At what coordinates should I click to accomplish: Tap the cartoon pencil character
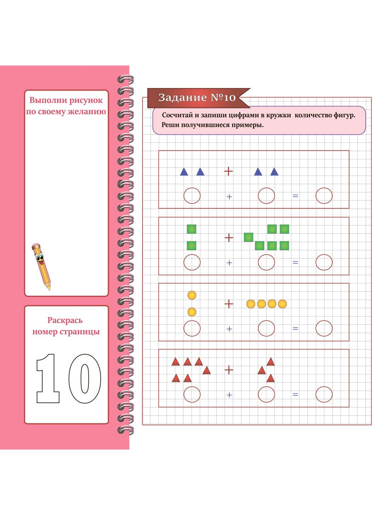(x=41, y=266)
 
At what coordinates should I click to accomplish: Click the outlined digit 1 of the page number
(x=48, y=378)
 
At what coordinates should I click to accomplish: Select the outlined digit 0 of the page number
(x=85, y=378)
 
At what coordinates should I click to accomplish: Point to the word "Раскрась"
(x=65, y=321)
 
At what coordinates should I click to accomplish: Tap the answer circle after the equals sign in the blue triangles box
(x=324, y=195)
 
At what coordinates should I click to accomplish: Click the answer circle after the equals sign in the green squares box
(x=324, y=262)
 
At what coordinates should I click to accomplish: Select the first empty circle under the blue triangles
(x=192, y=195)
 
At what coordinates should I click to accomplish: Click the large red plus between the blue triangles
(x=229, y=171)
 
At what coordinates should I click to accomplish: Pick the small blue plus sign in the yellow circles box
(x=229, y=329)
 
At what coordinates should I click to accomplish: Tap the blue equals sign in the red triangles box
(x=295, y=394)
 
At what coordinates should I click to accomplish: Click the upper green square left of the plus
(x=191, y=229)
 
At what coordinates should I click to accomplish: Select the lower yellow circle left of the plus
(x=192, y=312)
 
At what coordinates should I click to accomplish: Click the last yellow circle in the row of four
(x=282, y=304)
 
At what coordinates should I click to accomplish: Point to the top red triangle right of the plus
(x=271, y=362)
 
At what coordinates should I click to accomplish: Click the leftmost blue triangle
(x=184, y=172)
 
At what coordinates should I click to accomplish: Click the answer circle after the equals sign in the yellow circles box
(x=324, y=328)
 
